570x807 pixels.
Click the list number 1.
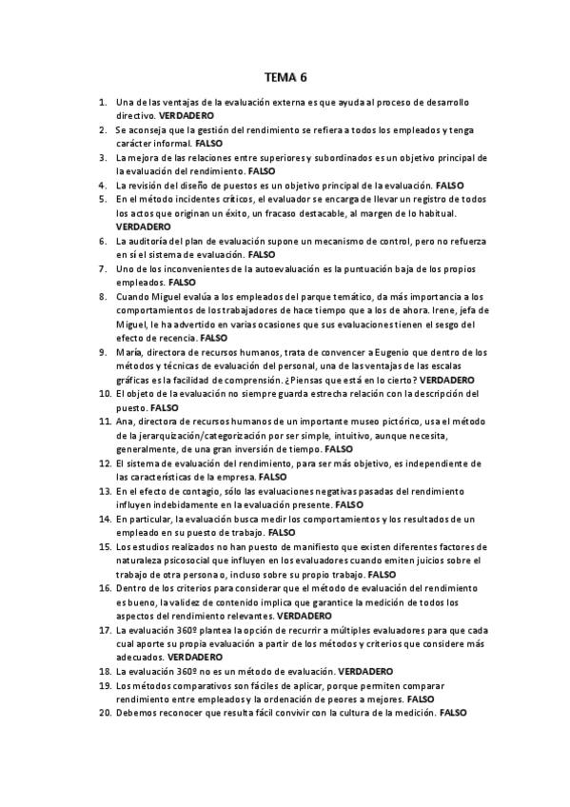pyautogui.click(x=102, y=102)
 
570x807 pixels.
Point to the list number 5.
pyautogui.click(x=102, y=200)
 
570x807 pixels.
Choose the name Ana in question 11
pyautogui.click(x=125, y=422)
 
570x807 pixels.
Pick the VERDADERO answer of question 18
pyautogui.click(x=366, y=672)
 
